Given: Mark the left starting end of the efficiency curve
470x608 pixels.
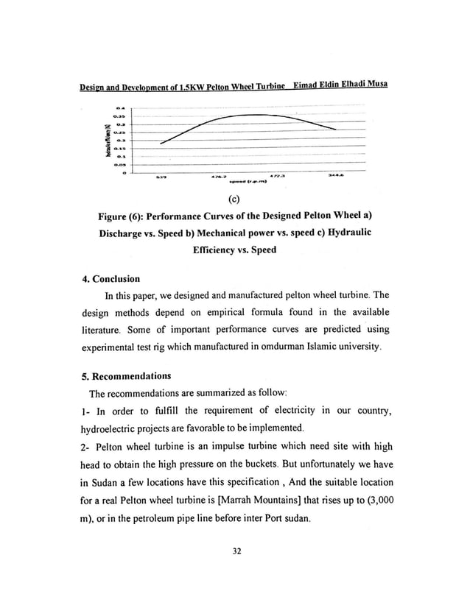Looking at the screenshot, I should point(161,143).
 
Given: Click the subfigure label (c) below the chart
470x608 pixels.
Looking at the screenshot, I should point(234,197).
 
